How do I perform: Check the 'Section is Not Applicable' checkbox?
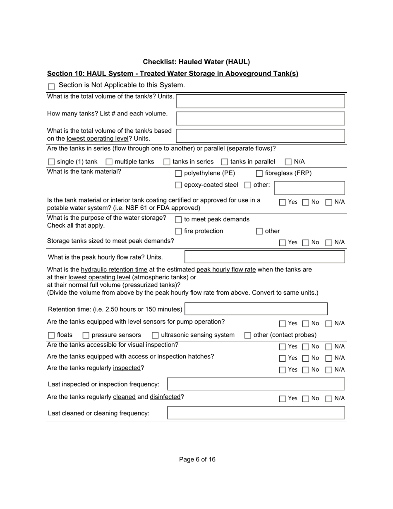(x=51, y=86)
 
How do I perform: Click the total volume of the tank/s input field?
(x=260, y=101)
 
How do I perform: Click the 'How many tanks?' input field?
(x=260, y=118)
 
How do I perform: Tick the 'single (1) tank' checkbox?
(x=51, y=162)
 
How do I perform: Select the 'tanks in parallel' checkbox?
(x=225, y=162)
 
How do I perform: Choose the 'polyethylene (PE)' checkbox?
(x=178, y=173)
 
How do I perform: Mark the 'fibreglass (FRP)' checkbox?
(x=259, y=173)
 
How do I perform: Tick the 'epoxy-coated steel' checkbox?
(x=178, y=185)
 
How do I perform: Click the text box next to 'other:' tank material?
(x=309, y=188)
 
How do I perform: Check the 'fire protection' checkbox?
(x=178, y=231)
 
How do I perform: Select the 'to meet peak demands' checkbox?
(x=178, y=220)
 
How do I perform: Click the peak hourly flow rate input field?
(x=264, y=257)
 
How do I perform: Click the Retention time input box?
(x=256, y=309)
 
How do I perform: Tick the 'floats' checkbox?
(x=51, y=335)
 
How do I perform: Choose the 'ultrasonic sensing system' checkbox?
(x=155, y=335)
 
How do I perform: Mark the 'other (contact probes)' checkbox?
(x=248, y=335)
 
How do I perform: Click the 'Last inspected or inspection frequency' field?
(x=256, y=384)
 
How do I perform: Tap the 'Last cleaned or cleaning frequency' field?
(x=256, y=413)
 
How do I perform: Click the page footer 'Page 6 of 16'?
(x=197, y=459)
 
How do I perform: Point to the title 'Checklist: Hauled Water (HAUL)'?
(x=196, y=62)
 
